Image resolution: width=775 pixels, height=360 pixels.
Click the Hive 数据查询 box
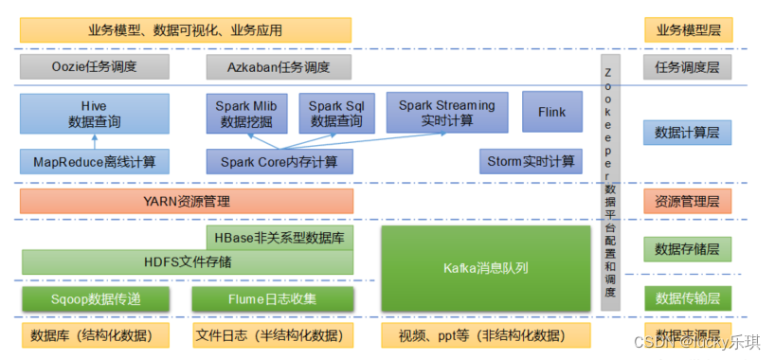tap(92, 113)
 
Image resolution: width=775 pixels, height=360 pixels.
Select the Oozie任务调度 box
tap(95, 67)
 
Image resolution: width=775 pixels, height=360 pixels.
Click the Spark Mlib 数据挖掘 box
tap(248, 113)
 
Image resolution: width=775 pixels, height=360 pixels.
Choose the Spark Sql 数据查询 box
tap(335, 113)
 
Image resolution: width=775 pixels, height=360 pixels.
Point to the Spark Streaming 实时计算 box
tap(446, 113)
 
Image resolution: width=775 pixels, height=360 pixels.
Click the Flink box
tap(551, 113)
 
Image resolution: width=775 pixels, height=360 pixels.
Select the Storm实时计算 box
tap(530, 161)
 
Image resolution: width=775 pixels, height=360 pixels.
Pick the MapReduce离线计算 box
tap(95, 161)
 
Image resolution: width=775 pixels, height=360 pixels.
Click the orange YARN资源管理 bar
tap(187, 201)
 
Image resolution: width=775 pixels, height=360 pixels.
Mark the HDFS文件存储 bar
tap(187, 261)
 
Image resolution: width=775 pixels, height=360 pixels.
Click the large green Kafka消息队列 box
tap(485, 267)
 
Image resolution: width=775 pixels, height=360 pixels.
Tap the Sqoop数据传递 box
tap(95, 299)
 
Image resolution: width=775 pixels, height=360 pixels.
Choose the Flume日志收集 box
tap(273, 299)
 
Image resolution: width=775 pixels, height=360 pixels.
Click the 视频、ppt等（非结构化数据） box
tap(485, 335)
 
